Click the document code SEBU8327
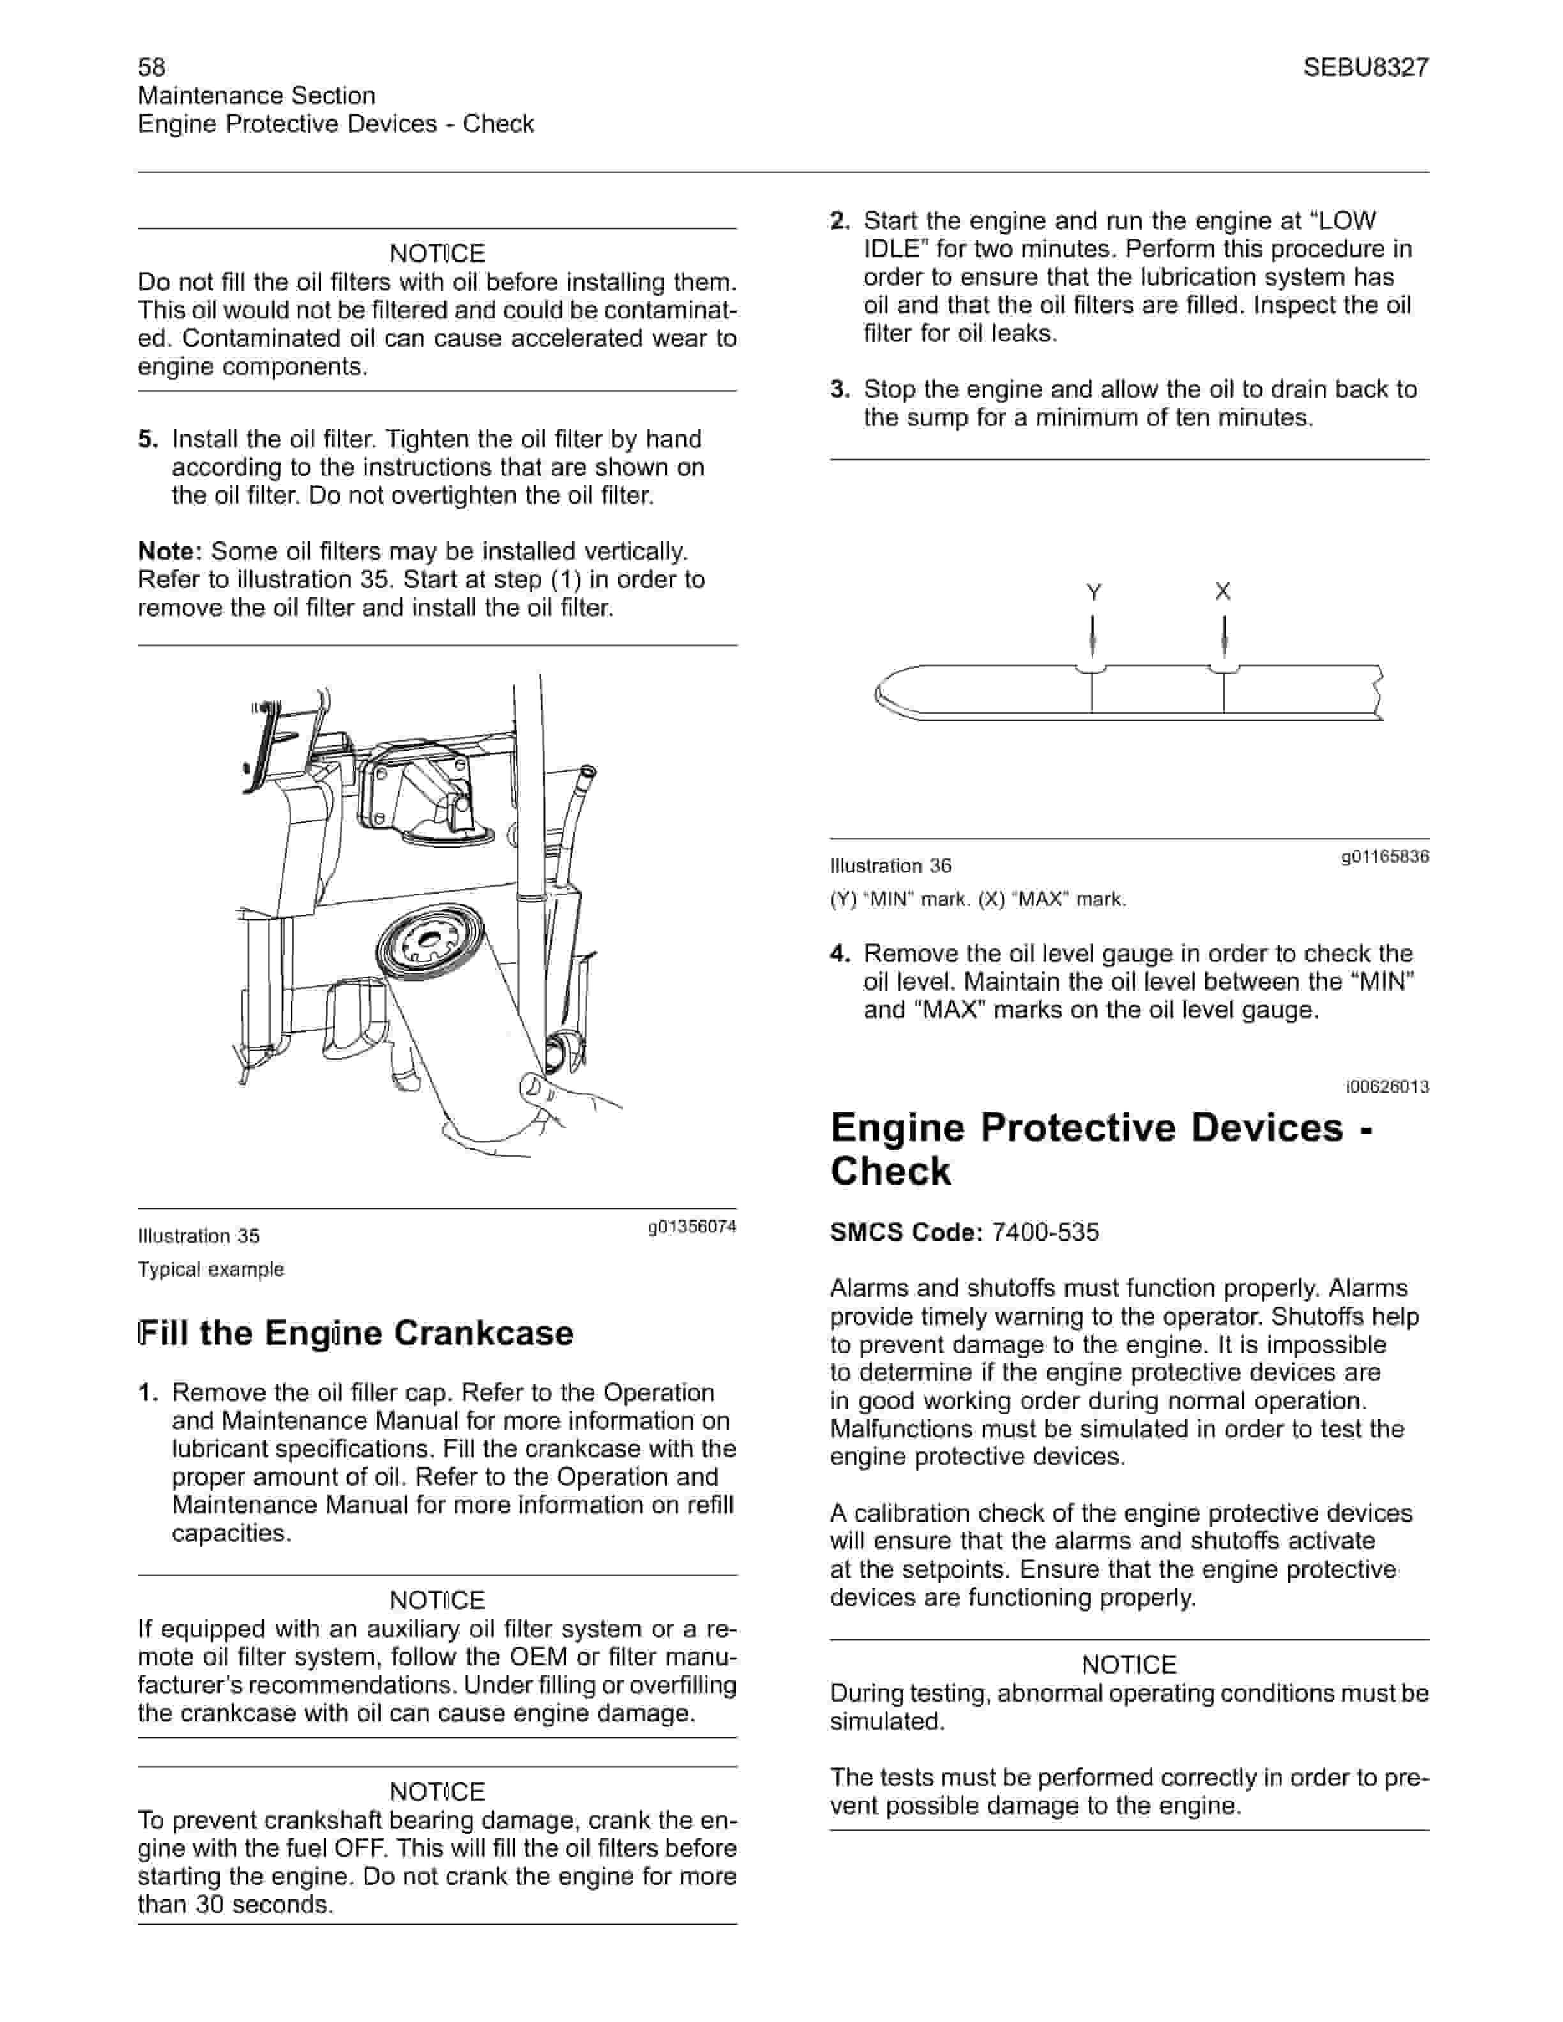click(x=1365, y=66)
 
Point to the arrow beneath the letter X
click(x=1224, y=637)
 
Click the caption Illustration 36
click(x=891, y=865)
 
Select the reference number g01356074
click(x=691, y=1227)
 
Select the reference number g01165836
click(x=1384, y=857)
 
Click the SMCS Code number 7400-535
click(x=1045, y=1232)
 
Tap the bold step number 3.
click(x=839, y=390)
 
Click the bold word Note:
click(x=170, y=552)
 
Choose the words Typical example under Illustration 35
click(x=211, y=1269)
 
